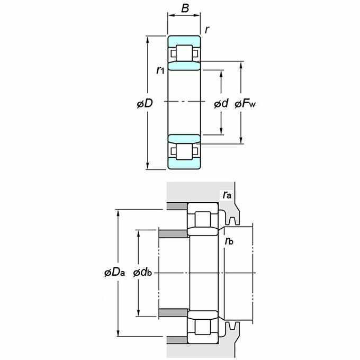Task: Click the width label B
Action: click(185, 8)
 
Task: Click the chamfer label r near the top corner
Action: click(207, 30)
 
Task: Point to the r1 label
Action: click(160, 70)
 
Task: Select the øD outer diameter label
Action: click(145, 103)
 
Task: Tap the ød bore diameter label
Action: click(221, 103)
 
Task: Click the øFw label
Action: click(245, 104)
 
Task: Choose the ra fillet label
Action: click(227, 195)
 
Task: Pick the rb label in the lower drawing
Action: click(229, 241)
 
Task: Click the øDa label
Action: click(114, 273)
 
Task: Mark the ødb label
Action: click(142, 273)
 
